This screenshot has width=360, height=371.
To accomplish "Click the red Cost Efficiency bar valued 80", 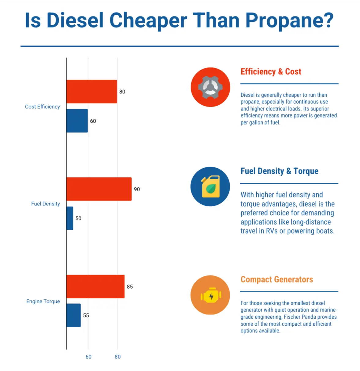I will click(x=91, y=92).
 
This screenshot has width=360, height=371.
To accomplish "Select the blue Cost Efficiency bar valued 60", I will click(x=77, y=121).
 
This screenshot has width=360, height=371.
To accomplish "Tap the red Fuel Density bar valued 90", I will click(x=99, y=189).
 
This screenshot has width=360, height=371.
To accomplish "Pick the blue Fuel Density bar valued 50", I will click(x=70, y=218).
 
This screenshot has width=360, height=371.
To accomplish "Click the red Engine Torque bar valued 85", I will click(x=95, y=287).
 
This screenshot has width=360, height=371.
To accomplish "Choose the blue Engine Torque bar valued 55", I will click(x=73, y=315).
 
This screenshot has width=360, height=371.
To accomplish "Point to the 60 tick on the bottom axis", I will click(x=88, y=357).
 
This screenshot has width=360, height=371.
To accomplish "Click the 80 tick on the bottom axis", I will click(x=117, y=357).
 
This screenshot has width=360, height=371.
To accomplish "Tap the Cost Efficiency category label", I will click(x=42, y=107).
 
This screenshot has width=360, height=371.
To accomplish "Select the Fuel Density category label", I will click(x=45, y=204).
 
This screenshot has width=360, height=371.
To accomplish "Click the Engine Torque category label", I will click(x=43, y=302).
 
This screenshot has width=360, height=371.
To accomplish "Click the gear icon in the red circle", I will click(x=210, y=87).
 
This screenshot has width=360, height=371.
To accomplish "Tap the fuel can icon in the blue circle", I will click(x=210, y=186).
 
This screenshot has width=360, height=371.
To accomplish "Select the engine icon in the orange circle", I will click(x=210, y=295).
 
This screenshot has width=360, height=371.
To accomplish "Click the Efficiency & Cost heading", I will click(x=271, y=72).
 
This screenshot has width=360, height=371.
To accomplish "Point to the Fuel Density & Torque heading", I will click(x=279, y=171).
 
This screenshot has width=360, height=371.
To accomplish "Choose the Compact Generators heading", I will click(x=276, y=279).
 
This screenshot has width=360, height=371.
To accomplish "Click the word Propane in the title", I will click(x=289, y=21).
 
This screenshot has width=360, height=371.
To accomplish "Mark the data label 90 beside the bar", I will click(x=137, y=189).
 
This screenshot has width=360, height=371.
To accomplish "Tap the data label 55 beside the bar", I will click(x=86, y=315).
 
